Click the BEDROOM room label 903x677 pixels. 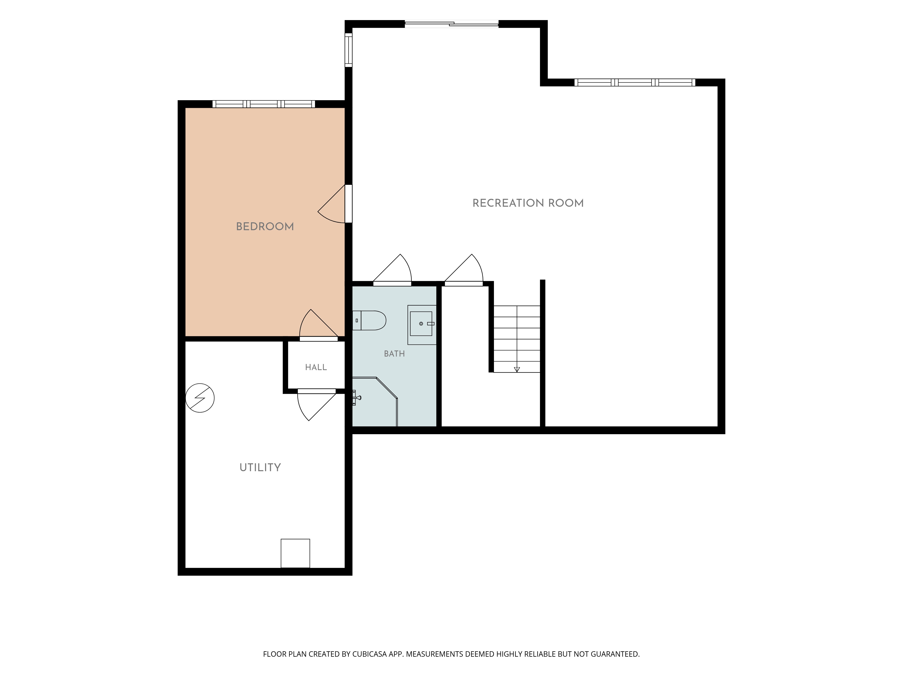coord(265,227)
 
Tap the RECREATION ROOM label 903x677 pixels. coord(528,203)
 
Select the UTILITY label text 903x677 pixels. coord(260,467)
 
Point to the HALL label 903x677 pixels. coord(316,367)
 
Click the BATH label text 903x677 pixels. coord(394,354)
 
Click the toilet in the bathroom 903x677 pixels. coord(369,321)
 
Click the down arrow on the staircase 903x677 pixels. coord(517,369)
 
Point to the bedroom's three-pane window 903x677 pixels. coord(264,104)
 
